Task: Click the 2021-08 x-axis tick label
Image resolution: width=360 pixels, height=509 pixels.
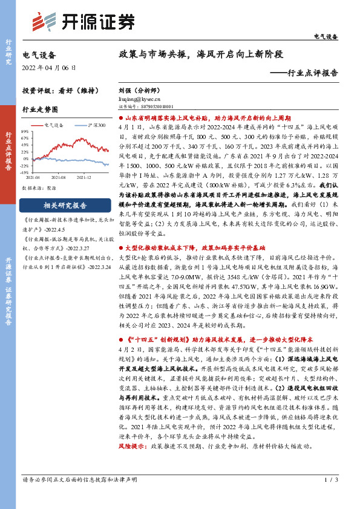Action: (x=59, y=177)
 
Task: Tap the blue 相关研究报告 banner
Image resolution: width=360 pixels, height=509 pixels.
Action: (x=65, y=204)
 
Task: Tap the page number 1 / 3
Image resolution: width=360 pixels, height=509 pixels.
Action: (x=332, y=497)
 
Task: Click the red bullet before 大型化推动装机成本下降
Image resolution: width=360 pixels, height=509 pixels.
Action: (x=122, y=248)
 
